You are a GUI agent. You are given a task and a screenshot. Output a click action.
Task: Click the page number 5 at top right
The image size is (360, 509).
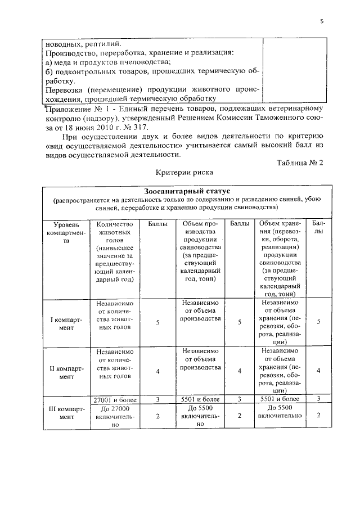tap(321, 21)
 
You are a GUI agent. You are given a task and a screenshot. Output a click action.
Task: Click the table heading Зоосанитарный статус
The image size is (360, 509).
tap(183, 192)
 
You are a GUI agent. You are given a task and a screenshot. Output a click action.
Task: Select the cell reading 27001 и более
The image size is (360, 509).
tap(115, 399)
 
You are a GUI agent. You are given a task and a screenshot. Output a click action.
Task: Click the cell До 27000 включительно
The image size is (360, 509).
tap(115, 417)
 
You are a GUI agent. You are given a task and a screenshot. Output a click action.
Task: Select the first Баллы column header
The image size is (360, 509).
tap(157, 224)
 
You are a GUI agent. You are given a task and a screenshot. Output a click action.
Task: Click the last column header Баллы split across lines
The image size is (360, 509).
tap(318, 228)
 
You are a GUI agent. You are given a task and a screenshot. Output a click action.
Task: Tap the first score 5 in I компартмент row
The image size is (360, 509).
tap(157, 322)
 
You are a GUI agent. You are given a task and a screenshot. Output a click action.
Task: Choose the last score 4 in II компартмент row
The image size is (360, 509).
tap(318, 371)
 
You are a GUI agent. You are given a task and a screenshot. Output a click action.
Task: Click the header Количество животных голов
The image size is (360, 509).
tap(115, 232)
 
